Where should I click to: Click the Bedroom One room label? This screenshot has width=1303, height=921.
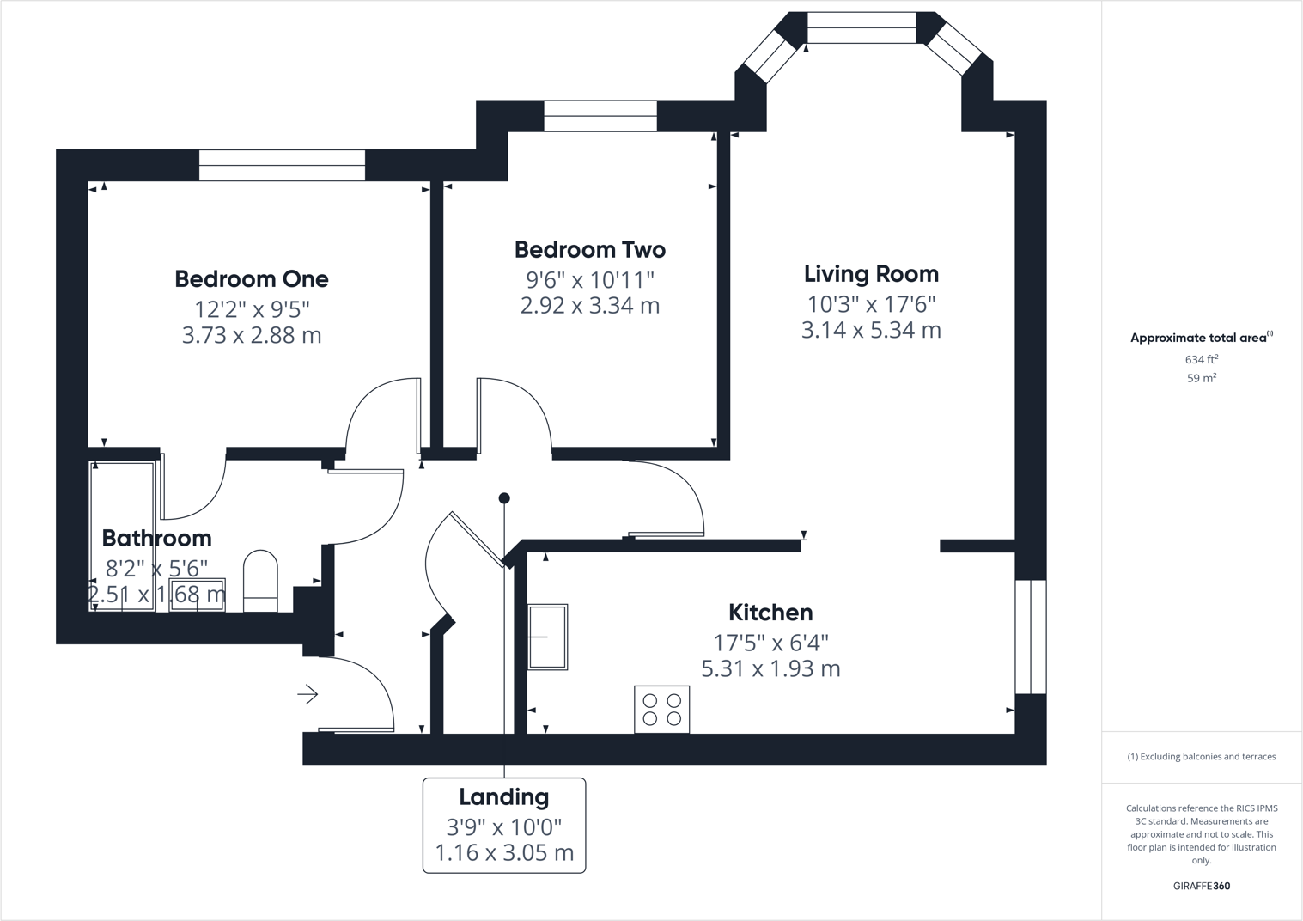tap(251, 279)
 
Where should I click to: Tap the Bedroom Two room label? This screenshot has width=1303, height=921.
tap(589, 250)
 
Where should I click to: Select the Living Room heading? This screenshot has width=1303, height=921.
tap(871, 274)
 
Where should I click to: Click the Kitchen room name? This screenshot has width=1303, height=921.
tap(770, 613)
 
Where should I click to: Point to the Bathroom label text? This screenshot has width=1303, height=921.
tap(156, 538)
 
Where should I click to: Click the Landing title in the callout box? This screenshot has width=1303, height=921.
tap(503, 797)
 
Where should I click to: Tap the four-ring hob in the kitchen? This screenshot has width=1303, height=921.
tap(661, 709)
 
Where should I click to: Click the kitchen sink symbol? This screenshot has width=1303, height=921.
tap(547, 637)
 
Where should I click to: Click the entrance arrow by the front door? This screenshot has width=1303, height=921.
tap(307, 694)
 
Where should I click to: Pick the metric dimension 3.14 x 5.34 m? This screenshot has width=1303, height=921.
tap(871, 330)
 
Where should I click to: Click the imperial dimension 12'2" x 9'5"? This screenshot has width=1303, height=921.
tap(251, 308)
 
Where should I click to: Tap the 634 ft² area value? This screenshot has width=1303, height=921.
tap(1201, 360)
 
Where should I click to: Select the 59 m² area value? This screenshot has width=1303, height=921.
tap(1201, 378)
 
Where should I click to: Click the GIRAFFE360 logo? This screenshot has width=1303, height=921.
tap(1201, 886)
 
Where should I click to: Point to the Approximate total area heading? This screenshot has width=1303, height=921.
tap(1200, 338)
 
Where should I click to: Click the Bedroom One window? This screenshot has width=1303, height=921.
tap(282, 165)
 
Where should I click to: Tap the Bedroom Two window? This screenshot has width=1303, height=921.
tap(600, 116)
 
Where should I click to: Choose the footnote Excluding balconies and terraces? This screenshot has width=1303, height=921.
tap(1201, 757)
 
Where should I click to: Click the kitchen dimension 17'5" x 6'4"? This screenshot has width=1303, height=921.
tap(770, 643)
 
